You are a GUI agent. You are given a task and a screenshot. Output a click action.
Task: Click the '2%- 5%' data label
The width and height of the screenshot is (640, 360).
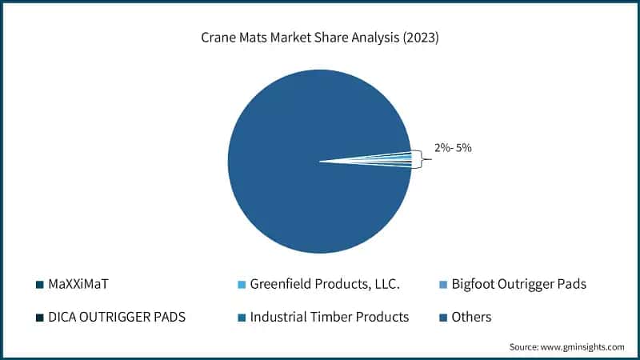(453, 148)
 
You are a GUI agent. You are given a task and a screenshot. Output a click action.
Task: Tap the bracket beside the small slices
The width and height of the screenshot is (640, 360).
(417, 160)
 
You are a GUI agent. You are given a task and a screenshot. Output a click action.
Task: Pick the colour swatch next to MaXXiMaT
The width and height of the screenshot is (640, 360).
(39, 284)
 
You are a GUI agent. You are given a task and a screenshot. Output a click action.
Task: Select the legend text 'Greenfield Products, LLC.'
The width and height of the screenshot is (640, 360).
(325, 283)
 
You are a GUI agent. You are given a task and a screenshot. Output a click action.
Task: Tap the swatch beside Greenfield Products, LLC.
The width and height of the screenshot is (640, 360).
(241, 284)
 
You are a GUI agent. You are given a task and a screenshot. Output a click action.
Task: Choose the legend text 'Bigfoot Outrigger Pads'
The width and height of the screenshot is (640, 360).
(518, 283)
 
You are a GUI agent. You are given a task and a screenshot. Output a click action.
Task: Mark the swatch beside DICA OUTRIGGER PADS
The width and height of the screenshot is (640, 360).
(39, 318)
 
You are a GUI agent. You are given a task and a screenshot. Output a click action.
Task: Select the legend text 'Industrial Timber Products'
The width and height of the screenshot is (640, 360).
(330, 317)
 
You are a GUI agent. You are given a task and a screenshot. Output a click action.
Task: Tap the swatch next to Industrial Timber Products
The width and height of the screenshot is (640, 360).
(241, 318)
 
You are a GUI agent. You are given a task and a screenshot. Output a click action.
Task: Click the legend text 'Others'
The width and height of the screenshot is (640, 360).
(471, 317)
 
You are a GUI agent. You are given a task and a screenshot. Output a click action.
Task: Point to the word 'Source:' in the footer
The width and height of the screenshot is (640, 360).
(526, 347)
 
